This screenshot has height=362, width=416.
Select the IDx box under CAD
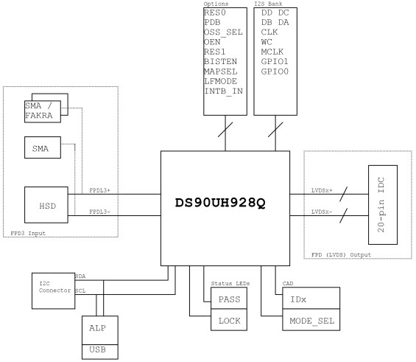coord(310,299)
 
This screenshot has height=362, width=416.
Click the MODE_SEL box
coord(310,321)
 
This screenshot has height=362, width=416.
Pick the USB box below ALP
coord(98,351)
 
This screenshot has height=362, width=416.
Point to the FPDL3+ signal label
coord(99,190)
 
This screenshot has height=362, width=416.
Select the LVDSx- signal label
coord(322,212)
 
